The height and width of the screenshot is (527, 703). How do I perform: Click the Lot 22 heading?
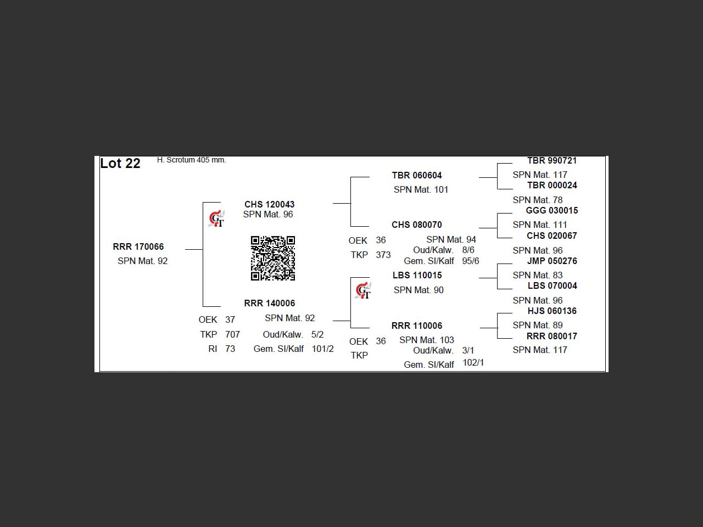click(x=120, y=163)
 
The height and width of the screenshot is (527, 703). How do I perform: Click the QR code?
click(x=273, y=258)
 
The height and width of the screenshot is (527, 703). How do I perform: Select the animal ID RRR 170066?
click(x=138, y=246)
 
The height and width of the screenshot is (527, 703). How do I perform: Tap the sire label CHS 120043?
click(x=269, y=204)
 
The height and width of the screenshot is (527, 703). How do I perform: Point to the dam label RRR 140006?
click(x=269, y=303)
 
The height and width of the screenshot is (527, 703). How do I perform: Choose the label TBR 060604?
click(x=417, y=175)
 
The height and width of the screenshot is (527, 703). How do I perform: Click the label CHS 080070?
click(x=417, y=225)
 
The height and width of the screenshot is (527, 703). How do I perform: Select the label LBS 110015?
click(x=417, y=275)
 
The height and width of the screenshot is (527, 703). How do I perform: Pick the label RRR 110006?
click(x=417, y=326)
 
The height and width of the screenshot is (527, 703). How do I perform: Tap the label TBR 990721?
click(x=552, y=161)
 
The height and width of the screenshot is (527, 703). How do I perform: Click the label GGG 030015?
click(x=552, y=211)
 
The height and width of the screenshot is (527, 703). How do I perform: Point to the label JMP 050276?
click(x=552, y=261)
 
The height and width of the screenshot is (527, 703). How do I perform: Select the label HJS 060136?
click(x=552, y=311)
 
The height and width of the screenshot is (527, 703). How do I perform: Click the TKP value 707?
click(x=232, y=334)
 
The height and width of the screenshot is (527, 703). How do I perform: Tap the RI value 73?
click(x=230, y=349)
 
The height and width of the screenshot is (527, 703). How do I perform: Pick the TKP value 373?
click(x=383, y=255)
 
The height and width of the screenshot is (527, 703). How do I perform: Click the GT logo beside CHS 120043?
click(x=216, y=219)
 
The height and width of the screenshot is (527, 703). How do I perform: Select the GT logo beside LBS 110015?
click(x=363, y=290)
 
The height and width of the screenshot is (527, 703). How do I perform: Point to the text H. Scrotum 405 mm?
click(x=191, y=160)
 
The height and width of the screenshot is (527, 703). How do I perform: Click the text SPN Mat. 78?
click(x=538, y=200)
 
